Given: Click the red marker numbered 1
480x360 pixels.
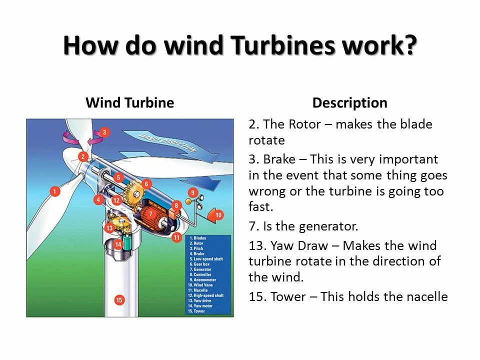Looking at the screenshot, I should point(55,191).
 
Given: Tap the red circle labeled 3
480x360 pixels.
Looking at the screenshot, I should point(104,132).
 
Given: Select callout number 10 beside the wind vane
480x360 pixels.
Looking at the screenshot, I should point(218,215).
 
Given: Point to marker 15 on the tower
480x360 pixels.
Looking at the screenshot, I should point(119,300).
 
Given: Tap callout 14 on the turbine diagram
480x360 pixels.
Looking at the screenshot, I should point(118,244).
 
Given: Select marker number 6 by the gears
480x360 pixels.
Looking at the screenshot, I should point(146,183).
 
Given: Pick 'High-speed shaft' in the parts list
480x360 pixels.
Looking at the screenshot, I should point(207,295).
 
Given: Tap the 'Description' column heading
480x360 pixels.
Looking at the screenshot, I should point(349,103).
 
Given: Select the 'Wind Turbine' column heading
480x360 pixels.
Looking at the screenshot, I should point(129,103).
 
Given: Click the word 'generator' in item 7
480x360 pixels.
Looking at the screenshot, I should point(328,226).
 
